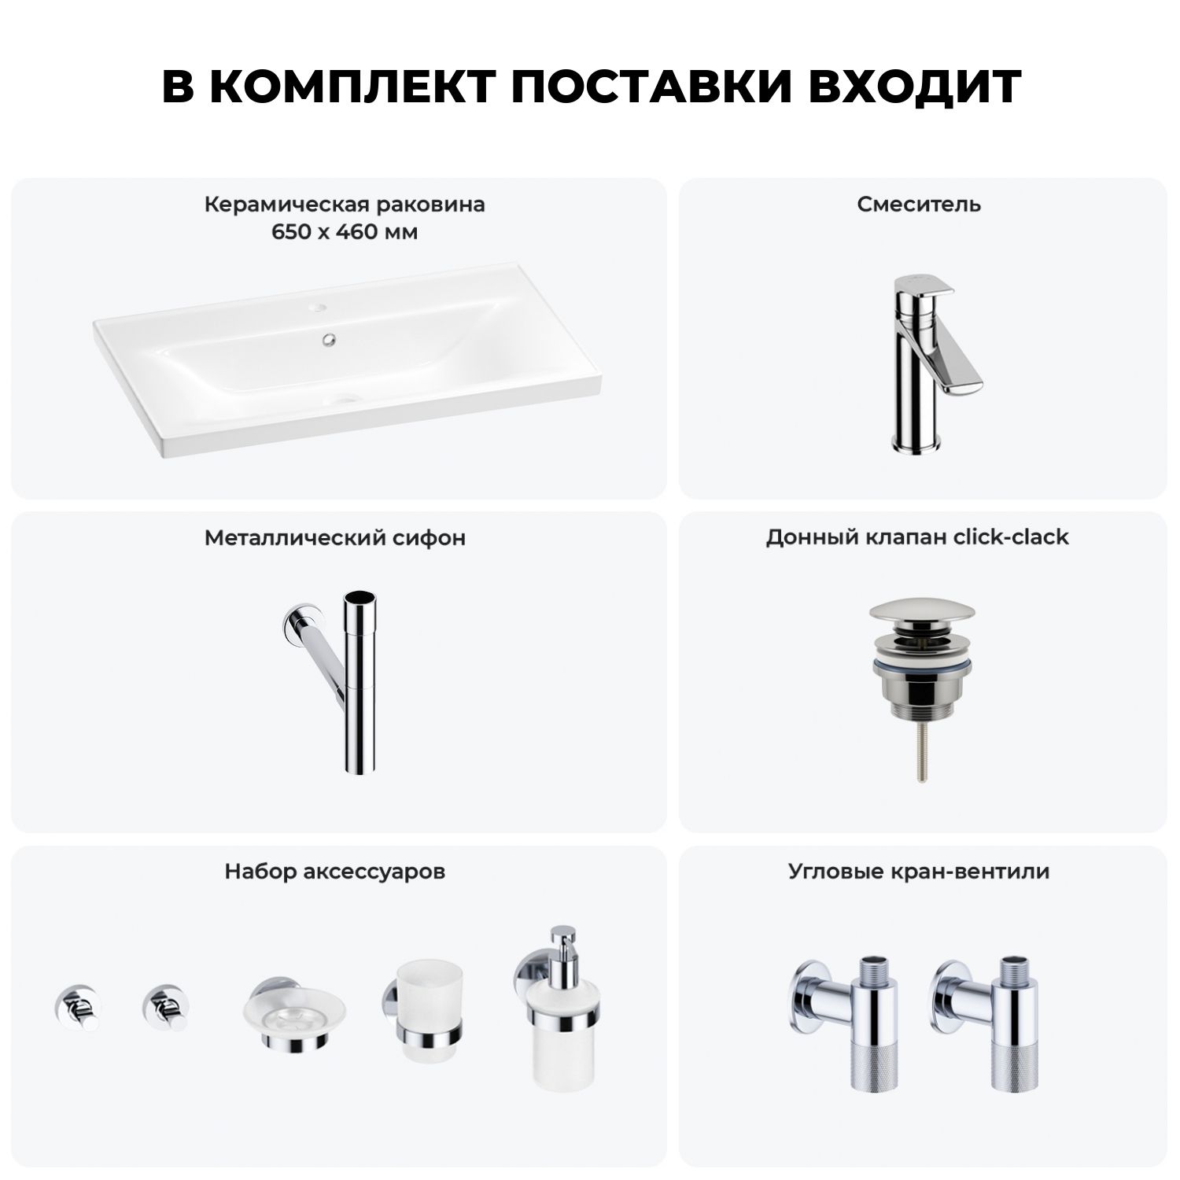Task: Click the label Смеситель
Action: (919, 205)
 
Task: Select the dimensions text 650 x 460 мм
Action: (345, 232)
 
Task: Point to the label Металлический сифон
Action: (335, 538)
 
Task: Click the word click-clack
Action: (1011, 537)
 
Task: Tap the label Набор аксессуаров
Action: (335, 872)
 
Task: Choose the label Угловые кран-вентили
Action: (919, 872)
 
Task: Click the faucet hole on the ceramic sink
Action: (318, 304)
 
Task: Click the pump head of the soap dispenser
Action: (562, 945)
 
